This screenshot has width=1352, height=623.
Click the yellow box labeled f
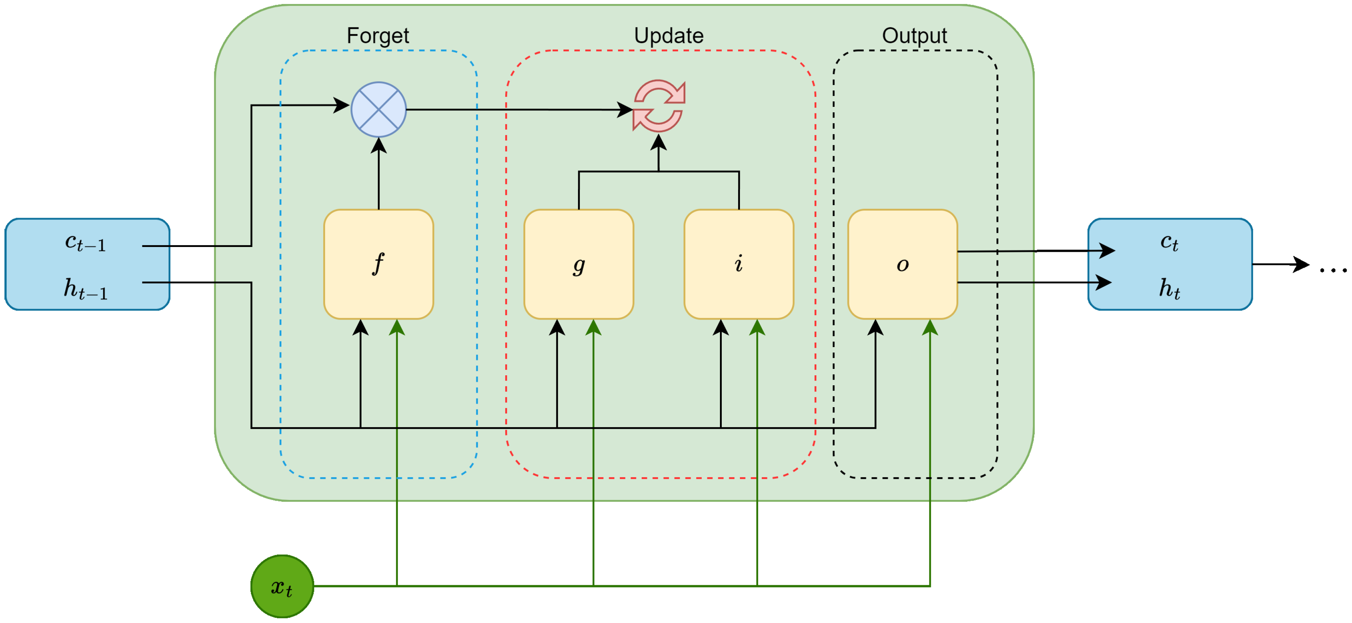(379, 264)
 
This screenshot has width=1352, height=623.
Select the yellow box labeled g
(578, 264)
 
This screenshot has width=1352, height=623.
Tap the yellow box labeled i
(738, 264)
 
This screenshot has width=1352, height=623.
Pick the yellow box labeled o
(902, 264)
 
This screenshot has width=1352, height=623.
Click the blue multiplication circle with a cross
(379, 109)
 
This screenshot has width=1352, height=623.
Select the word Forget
(377, 36)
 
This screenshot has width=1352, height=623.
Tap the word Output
(914, 36)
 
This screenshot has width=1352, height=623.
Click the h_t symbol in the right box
(1169, 289)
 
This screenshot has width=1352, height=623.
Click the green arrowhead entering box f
(397, 327)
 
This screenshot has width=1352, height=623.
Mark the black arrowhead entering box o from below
(875, 327)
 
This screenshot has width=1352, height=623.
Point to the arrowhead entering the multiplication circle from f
(379, 145)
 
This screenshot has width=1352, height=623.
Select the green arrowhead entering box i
(757, 327)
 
